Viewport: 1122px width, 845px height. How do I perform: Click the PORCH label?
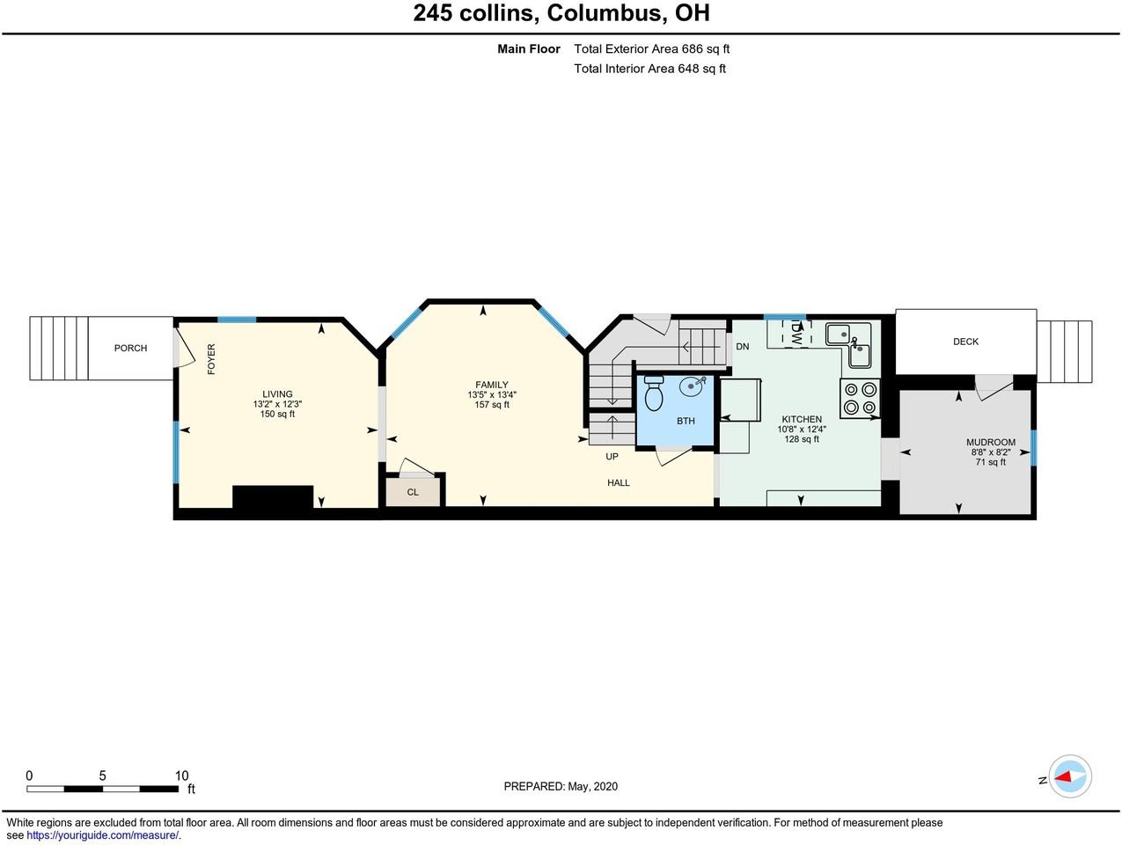(130, 349)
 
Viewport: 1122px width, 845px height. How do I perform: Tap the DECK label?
(965, 342)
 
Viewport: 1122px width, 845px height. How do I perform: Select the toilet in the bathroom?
(654, 395)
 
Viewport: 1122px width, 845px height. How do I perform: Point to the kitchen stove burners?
(860, 398)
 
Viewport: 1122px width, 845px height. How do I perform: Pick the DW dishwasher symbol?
(796, 333)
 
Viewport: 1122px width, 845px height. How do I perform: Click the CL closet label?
(413, 492)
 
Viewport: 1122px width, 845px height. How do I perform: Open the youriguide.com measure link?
(102, 835)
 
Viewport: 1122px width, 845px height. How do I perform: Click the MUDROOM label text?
(990, 443)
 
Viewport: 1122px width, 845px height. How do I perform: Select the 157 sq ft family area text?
(492, 405)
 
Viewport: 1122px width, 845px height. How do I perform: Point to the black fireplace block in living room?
(273, 497)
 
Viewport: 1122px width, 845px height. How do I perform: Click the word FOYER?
(211, 359)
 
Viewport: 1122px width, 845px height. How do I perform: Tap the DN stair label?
(742, 347)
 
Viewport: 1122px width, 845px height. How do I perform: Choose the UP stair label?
(612, 457)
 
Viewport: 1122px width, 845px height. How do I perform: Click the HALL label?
(619, 482)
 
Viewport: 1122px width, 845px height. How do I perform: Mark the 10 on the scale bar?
(181, 775)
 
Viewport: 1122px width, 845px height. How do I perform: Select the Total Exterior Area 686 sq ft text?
(651, 49)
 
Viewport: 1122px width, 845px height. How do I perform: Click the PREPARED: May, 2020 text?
(561, 786)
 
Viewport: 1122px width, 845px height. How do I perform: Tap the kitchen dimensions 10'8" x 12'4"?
(801, 430)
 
